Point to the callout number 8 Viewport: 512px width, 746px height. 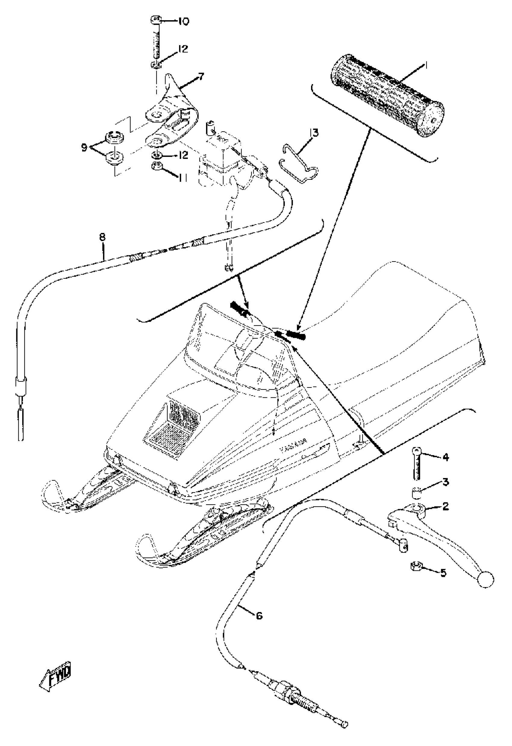click(x=102, y=238)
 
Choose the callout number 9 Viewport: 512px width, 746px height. click(x=84, y=148)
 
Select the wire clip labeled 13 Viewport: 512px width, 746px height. click(x=299, y=164)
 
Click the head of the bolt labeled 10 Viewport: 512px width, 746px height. click(x=156, y=21)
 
